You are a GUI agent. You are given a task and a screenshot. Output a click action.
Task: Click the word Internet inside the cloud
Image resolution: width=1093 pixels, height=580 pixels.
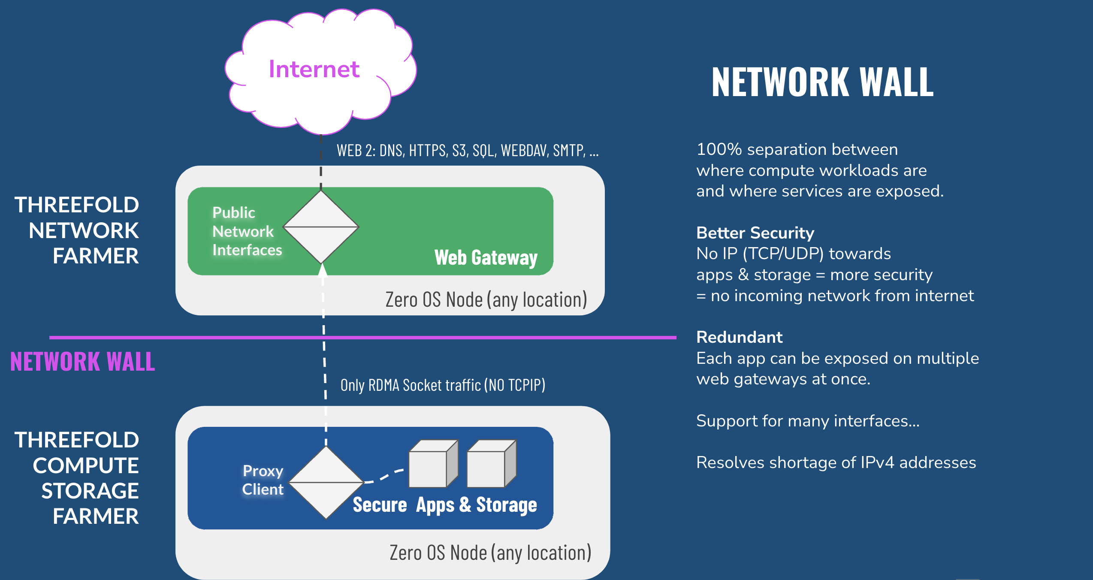pos(314,69)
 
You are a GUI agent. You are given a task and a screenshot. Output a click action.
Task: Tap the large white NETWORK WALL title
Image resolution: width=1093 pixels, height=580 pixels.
pos(822,82)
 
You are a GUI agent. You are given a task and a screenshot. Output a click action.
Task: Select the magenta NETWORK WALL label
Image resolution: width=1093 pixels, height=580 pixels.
pos(82,362)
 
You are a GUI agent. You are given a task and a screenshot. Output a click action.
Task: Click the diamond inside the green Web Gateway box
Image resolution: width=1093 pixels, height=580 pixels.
pos(321,227)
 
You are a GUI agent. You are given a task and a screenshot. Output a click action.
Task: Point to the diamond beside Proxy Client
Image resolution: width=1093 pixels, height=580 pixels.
pos(326,483)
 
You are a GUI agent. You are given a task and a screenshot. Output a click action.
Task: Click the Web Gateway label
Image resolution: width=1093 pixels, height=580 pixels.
pos(486,258)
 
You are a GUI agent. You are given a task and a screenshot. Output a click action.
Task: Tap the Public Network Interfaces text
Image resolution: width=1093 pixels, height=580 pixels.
pos(247,231)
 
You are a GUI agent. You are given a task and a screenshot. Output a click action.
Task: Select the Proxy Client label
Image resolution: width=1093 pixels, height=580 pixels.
pos(263,480)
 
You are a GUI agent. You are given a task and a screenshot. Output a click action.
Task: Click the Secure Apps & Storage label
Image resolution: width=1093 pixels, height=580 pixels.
pos(444,505)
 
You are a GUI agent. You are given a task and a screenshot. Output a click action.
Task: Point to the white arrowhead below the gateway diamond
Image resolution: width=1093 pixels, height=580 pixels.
pos(323,270)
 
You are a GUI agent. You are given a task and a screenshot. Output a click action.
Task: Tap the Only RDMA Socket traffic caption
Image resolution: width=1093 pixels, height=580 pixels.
pos(443,385)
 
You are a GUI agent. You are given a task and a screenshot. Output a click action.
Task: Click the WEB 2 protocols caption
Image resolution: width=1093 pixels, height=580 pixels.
pos(467,151)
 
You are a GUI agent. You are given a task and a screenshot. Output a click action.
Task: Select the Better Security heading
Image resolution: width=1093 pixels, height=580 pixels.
pos(755,233)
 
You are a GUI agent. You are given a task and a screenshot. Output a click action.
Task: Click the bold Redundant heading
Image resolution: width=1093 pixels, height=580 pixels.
pos(739,337)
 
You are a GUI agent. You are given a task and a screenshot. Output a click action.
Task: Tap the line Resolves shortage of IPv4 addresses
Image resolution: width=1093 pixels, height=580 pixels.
pos(836,462)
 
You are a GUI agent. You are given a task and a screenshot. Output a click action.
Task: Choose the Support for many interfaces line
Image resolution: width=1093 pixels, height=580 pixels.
pos(808,421)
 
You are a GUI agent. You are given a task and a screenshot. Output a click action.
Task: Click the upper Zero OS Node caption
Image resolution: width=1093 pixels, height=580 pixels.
pos(486,299)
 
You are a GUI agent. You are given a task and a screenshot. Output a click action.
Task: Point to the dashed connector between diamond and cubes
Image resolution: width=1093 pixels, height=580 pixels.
pos(384,476)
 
